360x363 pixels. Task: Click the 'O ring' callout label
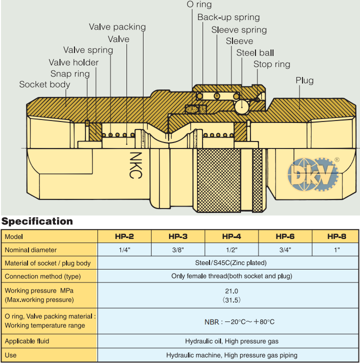(199, 5)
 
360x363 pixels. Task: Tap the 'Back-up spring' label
(228, 17)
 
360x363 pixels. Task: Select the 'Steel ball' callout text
(255, 53)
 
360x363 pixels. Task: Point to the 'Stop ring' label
(271, 64)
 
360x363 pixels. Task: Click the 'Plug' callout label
(304, 80)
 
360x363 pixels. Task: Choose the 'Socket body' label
(45, 84)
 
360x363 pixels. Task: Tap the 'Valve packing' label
(117, 27)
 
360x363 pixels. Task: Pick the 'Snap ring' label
(70, 74)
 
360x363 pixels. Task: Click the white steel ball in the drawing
(243, 106)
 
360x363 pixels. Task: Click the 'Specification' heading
(37, 221)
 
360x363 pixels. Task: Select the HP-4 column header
(232, 236)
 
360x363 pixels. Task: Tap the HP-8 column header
(336, 236)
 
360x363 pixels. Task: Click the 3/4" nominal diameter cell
(285, 249)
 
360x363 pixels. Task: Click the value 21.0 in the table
(232, 290)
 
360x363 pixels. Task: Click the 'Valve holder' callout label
(73, 62)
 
